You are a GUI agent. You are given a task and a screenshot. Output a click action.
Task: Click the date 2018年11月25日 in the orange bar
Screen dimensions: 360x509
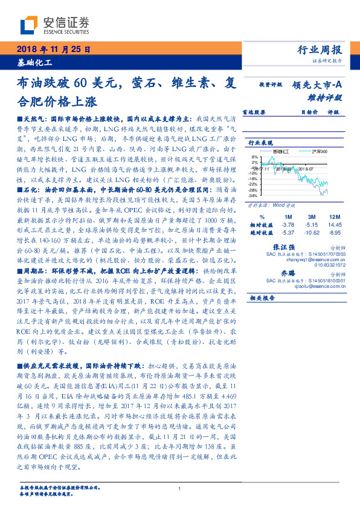[x=54, y=49]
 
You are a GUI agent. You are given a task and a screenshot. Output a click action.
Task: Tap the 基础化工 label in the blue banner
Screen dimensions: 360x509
[x=35, y=62]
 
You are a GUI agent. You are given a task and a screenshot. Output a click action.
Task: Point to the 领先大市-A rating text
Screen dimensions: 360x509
[x=318, y=86]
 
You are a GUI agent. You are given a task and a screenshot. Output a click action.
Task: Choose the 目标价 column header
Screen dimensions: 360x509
[x=310, y=112]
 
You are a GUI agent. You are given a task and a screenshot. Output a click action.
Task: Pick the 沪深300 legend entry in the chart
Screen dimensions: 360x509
[x=318, y=151]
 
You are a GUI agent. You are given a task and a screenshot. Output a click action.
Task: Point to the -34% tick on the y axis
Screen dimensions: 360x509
[x=253, y=196]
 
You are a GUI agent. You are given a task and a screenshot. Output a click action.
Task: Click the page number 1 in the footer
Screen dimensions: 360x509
[x=180, y=490]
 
